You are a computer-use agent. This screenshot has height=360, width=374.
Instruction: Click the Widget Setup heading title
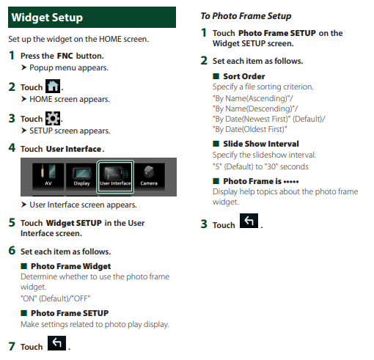(47, 18)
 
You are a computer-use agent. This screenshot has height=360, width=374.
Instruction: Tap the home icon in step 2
(53, 86)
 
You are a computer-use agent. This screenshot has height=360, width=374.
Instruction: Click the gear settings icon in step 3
(53, 118)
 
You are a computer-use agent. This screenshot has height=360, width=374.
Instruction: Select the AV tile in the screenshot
(48, 177)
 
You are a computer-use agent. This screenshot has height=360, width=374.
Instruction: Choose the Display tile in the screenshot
(81, 177)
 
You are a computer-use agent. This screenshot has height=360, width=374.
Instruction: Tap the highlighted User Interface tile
(115, 177)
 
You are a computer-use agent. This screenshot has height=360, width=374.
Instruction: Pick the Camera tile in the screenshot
(149, 177)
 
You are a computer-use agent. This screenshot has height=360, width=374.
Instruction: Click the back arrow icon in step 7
(56, 343)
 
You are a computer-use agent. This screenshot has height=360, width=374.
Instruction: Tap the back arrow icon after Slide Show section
(249, 221)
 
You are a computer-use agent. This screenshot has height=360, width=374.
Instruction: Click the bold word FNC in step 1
(65, 56)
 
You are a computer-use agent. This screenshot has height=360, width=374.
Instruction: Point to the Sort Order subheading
(243, 76)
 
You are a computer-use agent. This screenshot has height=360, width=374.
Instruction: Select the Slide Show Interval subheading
(261, 144)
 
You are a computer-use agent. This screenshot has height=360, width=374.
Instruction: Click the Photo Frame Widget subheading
(70, 266)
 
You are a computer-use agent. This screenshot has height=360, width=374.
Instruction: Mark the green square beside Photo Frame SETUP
(23, 313)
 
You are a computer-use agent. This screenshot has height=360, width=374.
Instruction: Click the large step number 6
(12, 251)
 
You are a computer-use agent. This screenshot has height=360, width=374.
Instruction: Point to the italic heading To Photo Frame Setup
(246, 16)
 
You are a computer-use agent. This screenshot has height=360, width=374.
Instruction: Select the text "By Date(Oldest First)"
(249, 129)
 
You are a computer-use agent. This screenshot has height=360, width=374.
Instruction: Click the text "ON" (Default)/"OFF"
(56, 298)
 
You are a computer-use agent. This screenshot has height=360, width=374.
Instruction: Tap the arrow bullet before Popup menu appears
(23, 67)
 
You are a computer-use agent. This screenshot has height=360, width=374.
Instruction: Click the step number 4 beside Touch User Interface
(12, 148)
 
